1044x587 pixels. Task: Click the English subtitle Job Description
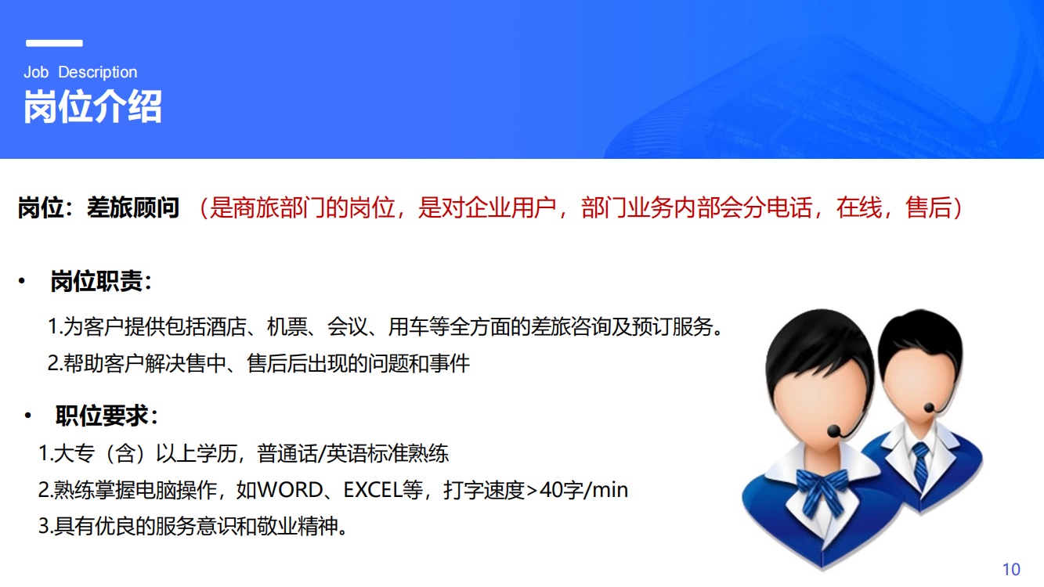(81, 72)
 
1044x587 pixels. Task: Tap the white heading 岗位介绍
(92, 106)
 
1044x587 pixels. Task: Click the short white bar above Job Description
(54, 43)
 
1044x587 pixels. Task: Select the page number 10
(1011, 569)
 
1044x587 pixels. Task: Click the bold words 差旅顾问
(133, 207)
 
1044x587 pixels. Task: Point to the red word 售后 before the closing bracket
(928, 207)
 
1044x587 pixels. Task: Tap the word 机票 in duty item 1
(287, 326)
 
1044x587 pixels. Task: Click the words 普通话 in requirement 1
(287, 453)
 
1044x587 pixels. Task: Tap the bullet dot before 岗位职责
(21, 281)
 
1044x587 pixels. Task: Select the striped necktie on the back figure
(921, 466)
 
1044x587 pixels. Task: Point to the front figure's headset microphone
(834, 431)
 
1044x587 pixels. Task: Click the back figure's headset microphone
(929, 408)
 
